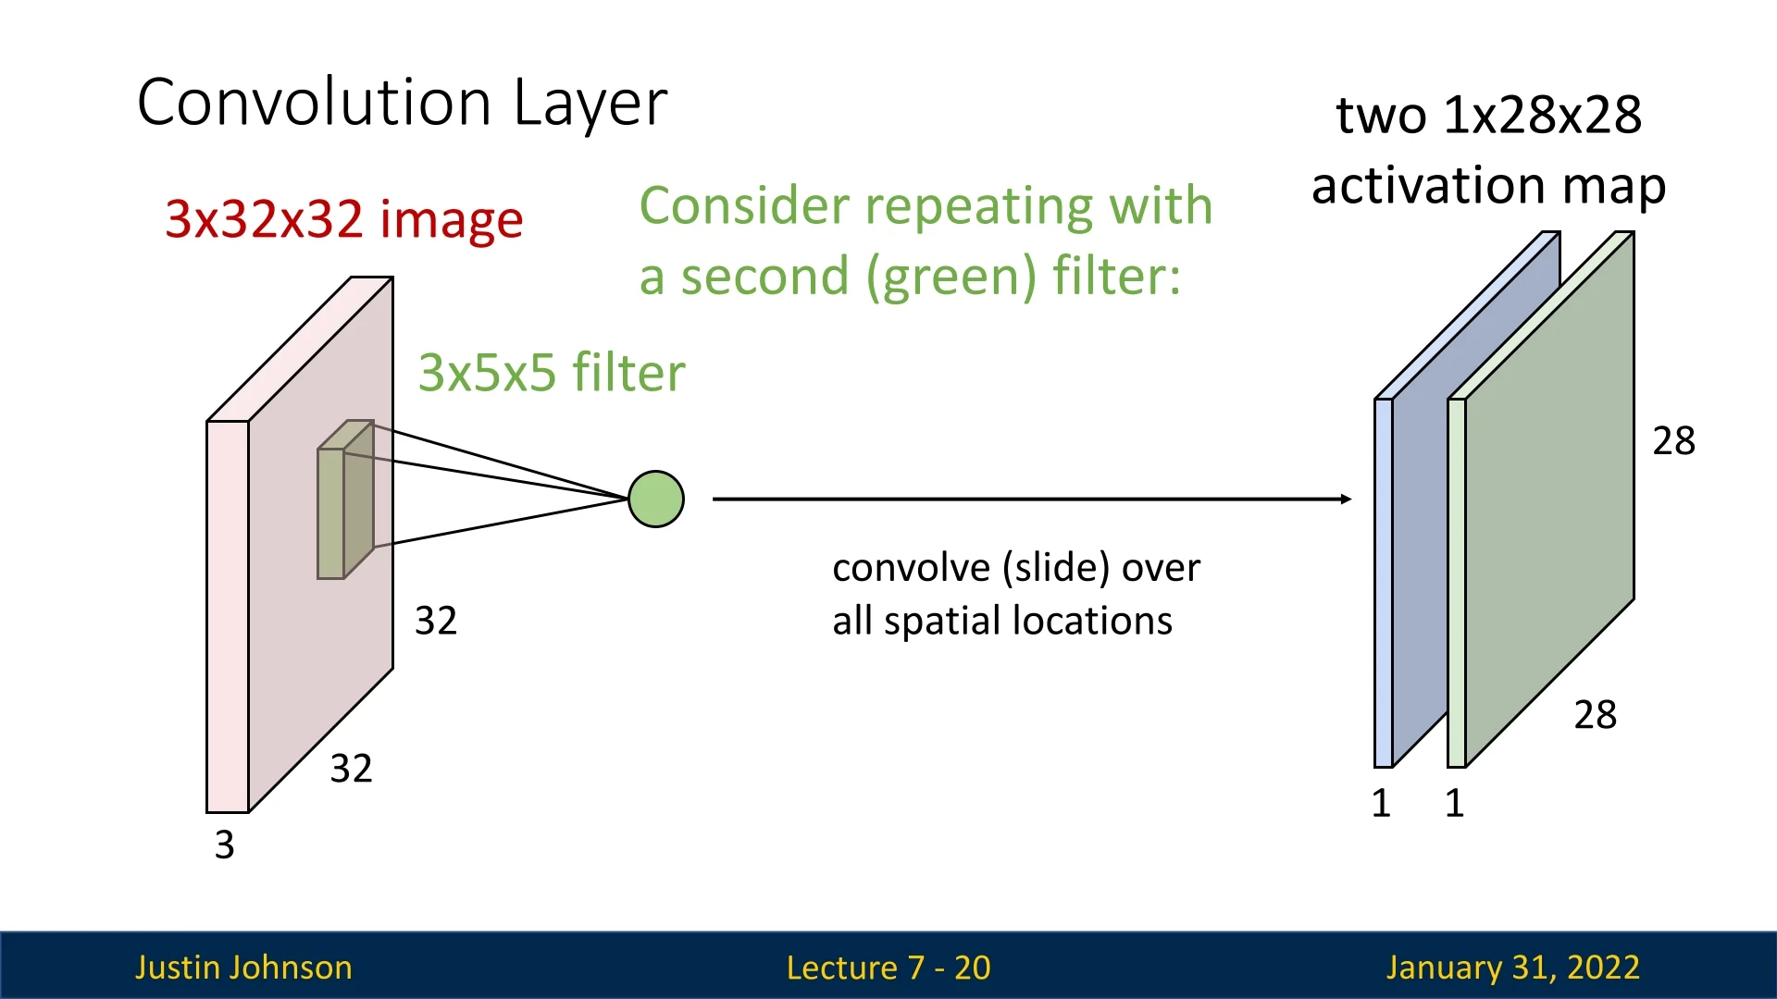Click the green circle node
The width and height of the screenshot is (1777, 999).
point(656,499)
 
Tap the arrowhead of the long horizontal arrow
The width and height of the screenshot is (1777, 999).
point(1346,499)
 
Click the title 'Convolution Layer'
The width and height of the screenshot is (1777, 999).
point(402,102)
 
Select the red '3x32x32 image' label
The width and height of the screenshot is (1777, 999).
point(343,220)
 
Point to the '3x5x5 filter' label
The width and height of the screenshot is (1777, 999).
point(552,373)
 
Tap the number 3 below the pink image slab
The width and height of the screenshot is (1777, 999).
point(224,845)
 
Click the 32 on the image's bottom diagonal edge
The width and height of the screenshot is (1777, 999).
point(351,769)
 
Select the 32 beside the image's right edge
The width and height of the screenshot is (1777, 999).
point(435,621)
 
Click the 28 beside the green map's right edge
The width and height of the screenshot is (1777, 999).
point(1673,441)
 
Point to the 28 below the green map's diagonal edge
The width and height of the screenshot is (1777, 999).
point(1595,715)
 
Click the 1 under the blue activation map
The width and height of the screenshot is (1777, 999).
point(1381,803)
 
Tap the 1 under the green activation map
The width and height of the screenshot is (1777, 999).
point(1454,803)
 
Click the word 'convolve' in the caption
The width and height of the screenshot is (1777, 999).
point(911,568)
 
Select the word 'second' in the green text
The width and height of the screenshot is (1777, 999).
point(764,277)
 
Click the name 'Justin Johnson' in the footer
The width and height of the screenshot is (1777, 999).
point(243,968)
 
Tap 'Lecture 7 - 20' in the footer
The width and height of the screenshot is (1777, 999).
point(888,968)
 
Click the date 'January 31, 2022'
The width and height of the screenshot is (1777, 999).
point(1512,968)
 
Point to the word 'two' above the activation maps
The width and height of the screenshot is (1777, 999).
point(1380,116)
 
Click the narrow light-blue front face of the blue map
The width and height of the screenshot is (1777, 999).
point(1383,583)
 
